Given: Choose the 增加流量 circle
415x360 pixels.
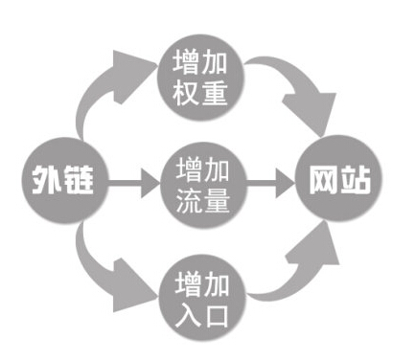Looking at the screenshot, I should [202, 180].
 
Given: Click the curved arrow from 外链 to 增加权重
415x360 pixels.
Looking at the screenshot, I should [105, 91].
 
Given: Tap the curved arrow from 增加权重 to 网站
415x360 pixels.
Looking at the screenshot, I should [292, 91].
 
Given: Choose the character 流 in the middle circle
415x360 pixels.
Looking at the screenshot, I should [187, 196].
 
